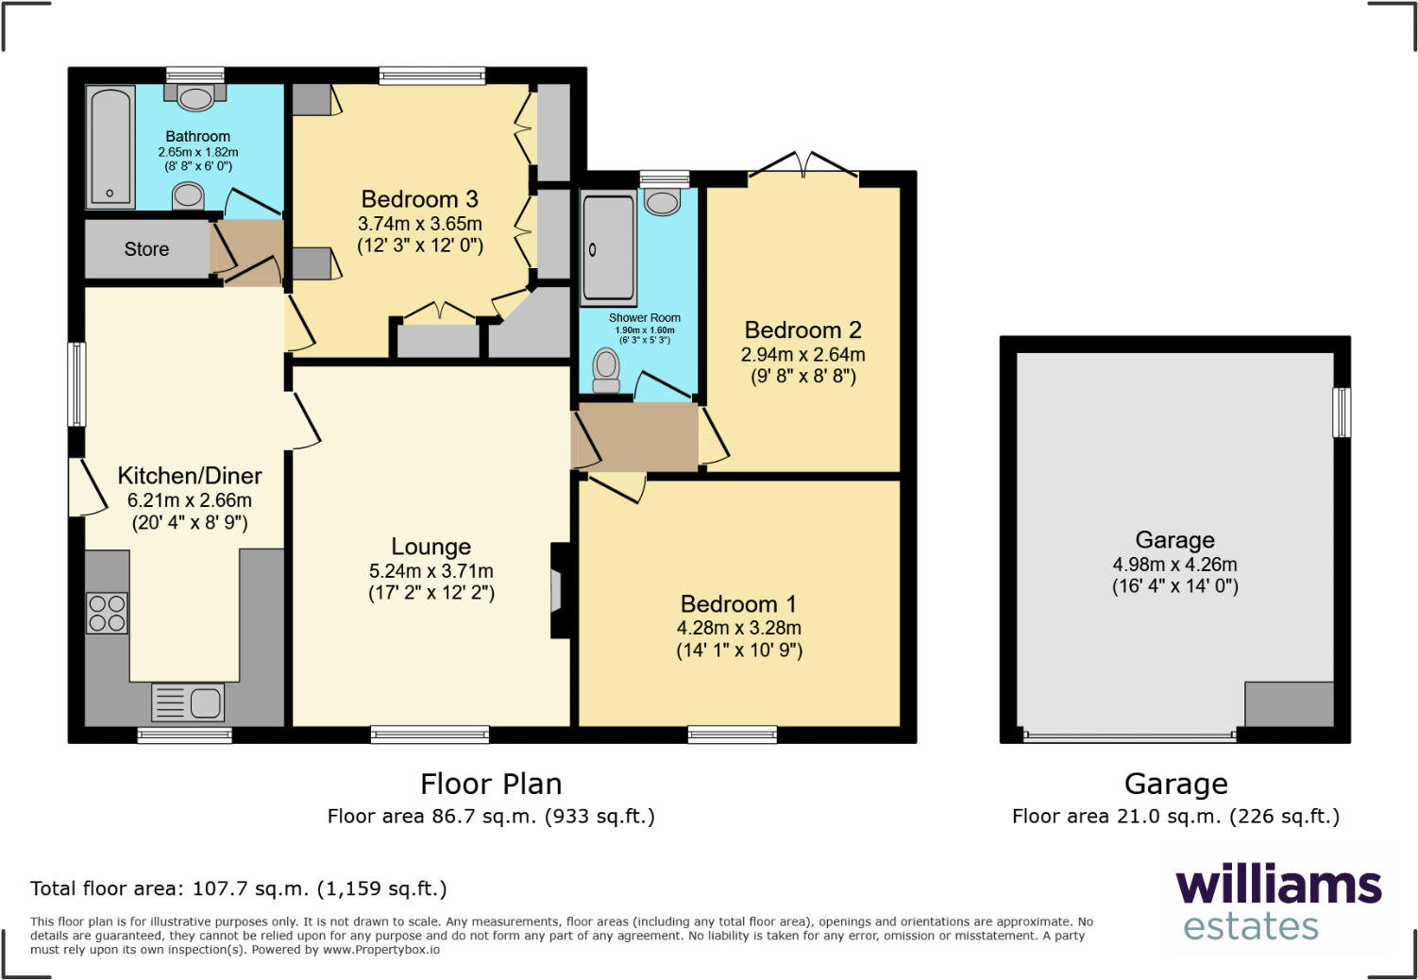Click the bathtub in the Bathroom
(110, 146)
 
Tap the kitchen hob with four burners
(107, 613)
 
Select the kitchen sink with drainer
(188, 702)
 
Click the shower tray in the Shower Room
(608, 247)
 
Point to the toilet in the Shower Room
(606, 369)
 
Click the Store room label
(146, 249)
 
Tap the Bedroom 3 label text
(419, 199)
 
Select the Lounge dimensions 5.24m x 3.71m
(430, 571)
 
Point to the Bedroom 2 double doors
(803, 165)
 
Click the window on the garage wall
(1341, 413)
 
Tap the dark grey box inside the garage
(1289, 703)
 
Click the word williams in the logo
(1278, 886)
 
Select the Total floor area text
(238, 888)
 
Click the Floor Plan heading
(491, 784)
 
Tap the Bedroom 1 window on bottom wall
(732, 735)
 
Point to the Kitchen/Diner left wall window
(76, 384)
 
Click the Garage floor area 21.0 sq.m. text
(1175, 817)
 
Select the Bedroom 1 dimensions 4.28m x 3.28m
(738, 628)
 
